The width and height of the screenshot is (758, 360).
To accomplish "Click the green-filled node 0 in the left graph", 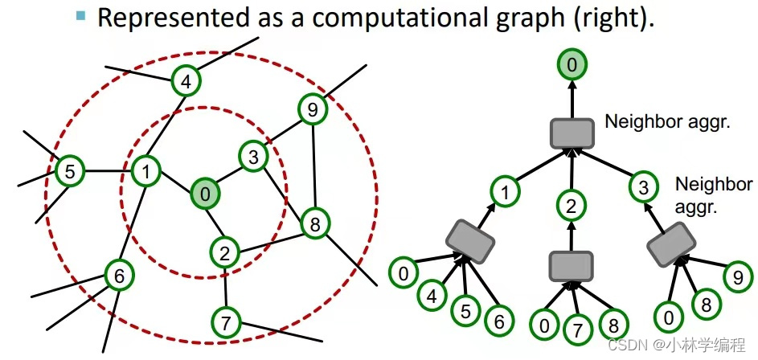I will [205, 194].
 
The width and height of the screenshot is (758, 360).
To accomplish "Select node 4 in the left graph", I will [186, 81].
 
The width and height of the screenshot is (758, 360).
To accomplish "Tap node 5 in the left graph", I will [70, 171].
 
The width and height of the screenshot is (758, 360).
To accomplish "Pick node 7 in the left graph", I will [226, 323].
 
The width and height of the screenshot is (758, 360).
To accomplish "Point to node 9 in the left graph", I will [313, 108].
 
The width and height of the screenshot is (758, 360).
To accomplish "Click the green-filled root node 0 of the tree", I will [572, 65].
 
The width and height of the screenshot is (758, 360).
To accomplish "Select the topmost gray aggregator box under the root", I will [572, 133].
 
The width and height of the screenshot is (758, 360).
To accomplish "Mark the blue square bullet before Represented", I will [80, 14].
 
